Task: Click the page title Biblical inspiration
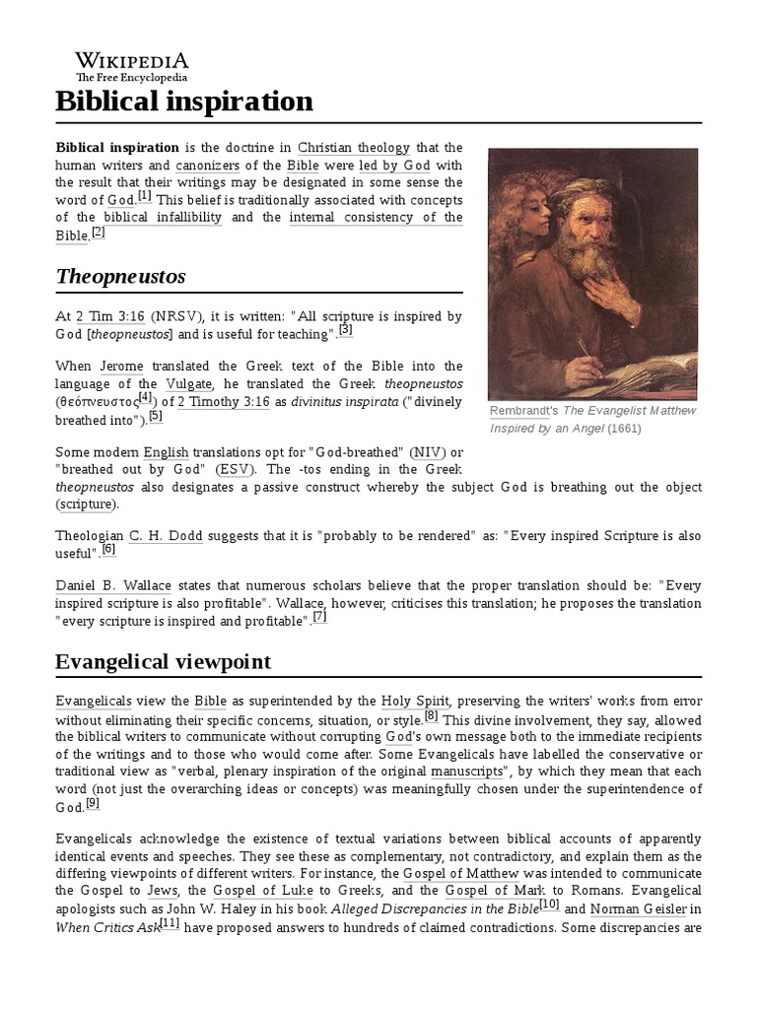[x=184, y=101]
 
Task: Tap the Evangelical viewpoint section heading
[x=163, y=661]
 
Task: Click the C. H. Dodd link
[x=166, y=536]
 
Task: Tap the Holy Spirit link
[x=415, y=702]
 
